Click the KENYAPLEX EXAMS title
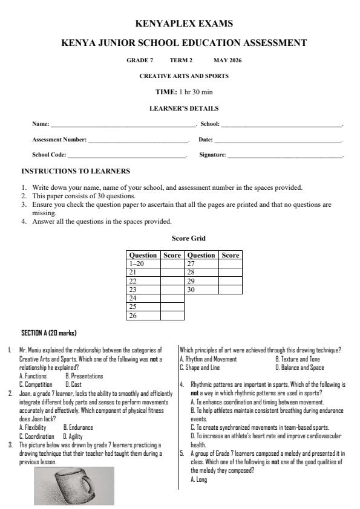tap(184, 24)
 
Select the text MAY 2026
tap(227, 60)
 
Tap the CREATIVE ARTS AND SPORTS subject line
tap(184, 76)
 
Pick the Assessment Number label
tap(59, 140)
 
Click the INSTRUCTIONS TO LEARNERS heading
tap(76, 172)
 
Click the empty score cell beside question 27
tap(230, 264)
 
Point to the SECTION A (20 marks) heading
tap(49, 333)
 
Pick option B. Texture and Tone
tap(297, 358)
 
